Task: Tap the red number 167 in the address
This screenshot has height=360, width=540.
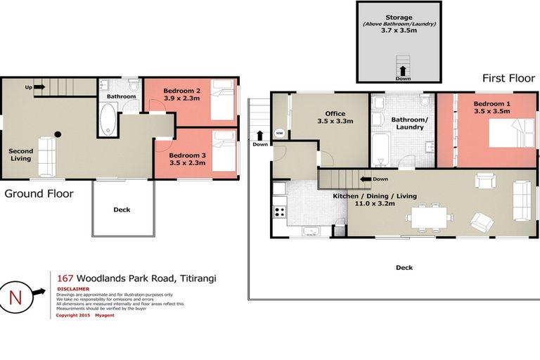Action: [65, 278]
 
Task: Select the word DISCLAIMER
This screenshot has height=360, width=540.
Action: [73, 288]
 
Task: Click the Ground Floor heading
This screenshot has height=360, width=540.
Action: [39, 193]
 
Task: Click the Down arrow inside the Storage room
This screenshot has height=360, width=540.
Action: [402, 71]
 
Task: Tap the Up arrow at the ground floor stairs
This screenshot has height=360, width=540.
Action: [38, 87]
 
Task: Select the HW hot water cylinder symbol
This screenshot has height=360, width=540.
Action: [280, 133]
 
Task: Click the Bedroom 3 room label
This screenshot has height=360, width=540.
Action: [186, 155]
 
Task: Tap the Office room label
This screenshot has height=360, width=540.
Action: [335, 113]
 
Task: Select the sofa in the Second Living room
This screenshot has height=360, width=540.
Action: [47, 156]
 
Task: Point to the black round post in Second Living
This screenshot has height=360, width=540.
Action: [58, 134]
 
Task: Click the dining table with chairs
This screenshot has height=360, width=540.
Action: [427, 218]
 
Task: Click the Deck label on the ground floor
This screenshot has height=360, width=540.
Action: [122, 210]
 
